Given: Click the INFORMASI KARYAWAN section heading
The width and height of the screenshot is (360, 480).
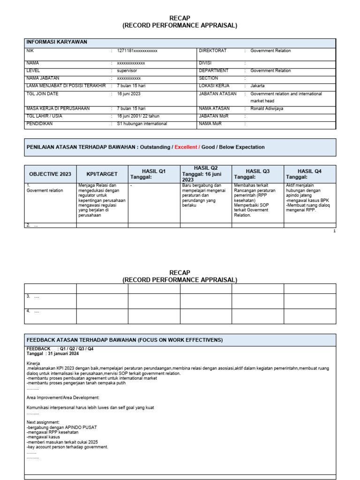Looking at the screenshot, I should pyautogui.click(x=57, y=42).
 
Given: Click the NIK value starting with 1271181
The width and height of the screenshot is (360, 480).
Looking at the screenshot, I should pyautogui.click(x=137, y=51).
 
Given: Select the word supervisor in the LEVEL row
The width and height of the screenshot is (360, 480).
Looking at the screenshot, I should pyautogui.click(x=127, y=71).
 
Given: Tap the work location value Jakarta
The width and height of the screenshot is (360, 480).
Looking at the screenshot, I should pyautogui.click(x=257, y=86).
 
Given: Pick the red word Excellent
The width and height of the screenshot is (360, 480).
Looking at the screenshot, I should pyautogui.click(x=186, y=147).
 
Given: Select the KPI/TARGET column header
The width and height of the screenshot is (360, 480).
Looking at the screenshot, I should pyautogui.click(x=102, y=174).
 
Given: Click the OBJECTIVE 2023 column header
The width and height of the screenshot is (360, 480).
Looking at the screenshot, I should pyautogui.click(x=50, y=174).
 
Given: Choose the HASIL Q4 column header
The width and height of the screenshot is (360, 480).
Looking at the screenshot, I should pyautogui.click(x=309, y=171).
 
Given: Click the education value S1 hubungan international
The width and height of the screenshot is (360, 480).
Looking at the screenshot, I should pyautogui.click(x=142, y=124).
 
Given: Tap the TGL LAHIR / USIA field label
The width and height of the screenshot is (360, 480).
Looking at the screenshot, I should pyautogui.click(x=45, y=116).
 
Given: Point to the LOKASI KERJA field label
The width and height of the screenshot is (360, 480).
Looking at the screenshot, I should pyautogui.click(x=214, y=86).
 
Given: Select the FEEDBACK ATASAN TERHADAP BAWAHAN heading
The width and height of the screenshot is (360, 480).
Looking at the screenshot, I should pyautogui.click(x=125, y=340).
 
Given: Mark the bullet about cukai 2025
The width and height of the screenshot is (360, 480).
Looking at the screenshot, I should pyautogui.click(x=62, y=442).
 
